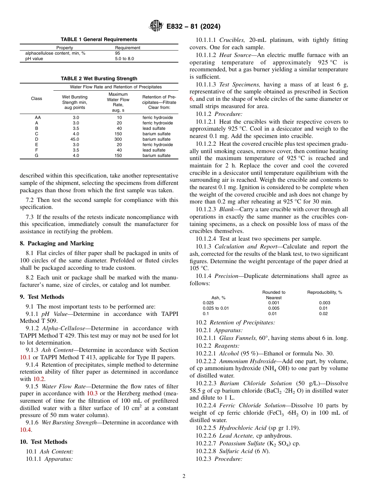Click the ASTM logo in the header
coord(156,26)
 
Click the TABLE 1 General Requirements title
coord(99,40)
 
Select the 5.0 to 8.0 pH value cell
coord(124,59)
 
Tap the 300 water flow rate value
coord(118,139)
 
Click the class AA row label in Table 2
coord(37,117)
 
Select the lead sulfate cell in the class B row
coord(154,128)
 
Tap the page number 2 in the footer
coord(184,476)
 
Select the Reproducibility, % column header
coord(325,292)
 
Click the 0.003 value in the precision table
coord(325,303)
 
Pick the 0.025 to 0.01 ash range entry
coord(216,309)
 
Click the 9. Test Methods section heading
coord(42,297)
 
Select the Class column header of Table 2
coord(37,98)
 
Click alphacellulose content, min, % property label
coord(55,53)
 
